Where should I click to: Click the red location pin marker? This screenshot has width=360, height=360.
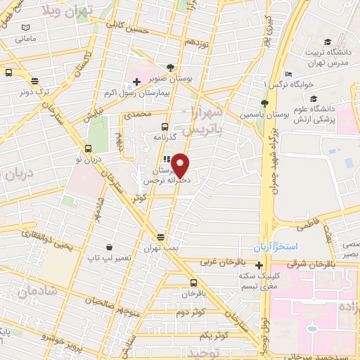pyautogui.click(x=181, y=165)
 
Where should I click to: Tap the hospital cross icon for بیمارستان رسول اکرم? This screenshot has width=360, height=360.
pyautogui.click(x=136, y=83)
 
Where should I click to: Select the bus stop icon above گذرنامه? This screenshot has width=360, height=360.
pyautogui.click(x=165, y=127)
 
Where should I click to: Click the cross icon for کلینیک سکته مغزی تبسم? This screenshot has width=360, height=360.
pyautogui.click(x=259, y=265)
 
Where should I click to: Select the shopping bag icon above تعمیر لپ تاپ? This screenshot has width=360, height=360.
pyautogui.click(x=110, y=247)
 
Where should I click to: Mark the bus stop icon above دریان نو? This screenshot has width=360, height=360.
pyautogui.click(x=88, y=148)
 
